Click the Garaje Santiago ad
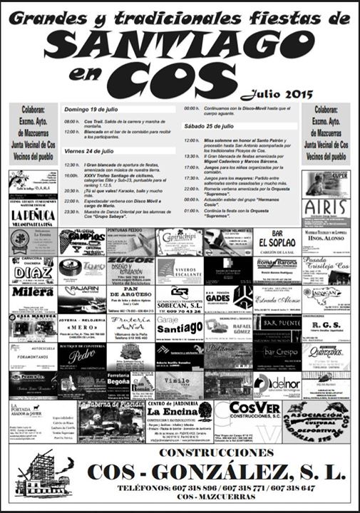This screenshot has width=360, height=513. click(x=179, y=328)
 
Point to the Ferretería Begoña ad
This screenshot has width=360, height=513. click(x=118, y=385)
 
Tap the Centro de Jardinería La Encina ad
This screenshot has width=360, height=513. click(x=180, y=422)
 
